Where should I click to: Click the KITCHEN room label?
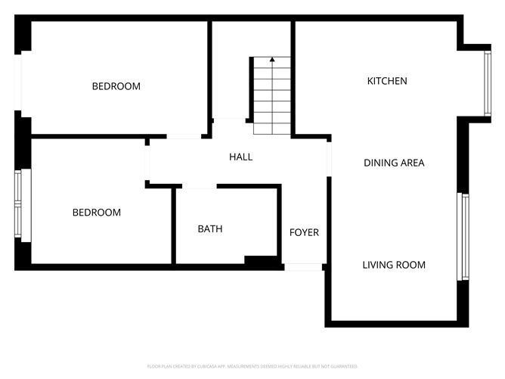[x=387, y=81]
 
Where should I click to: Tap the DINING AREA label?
[x=394, y=163]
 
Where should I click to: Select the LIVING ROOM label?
[x=393, y=265]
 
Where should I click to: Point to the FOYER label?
[x=304, y=232]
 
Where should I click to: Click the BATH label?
[x=210, y=228]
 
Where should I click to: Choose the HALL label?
[x=240, y=157]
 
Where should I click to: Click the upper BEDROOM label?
[x=116, y=86]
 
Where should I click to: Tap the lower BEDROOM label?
[x=96, y=213]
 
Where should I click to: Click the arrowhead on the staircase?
[x=271, y=58]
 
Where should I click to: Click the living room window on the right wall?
[x=464, y=237]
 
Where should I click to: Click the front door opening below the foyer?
[x=303, y=266]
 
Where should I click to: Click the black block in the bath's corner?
[x=262, y=260]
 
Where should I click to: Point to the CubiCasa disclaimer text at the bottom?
[x=253, y=366]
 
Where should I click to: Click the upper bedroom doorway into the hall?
[x=184, y=136]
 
